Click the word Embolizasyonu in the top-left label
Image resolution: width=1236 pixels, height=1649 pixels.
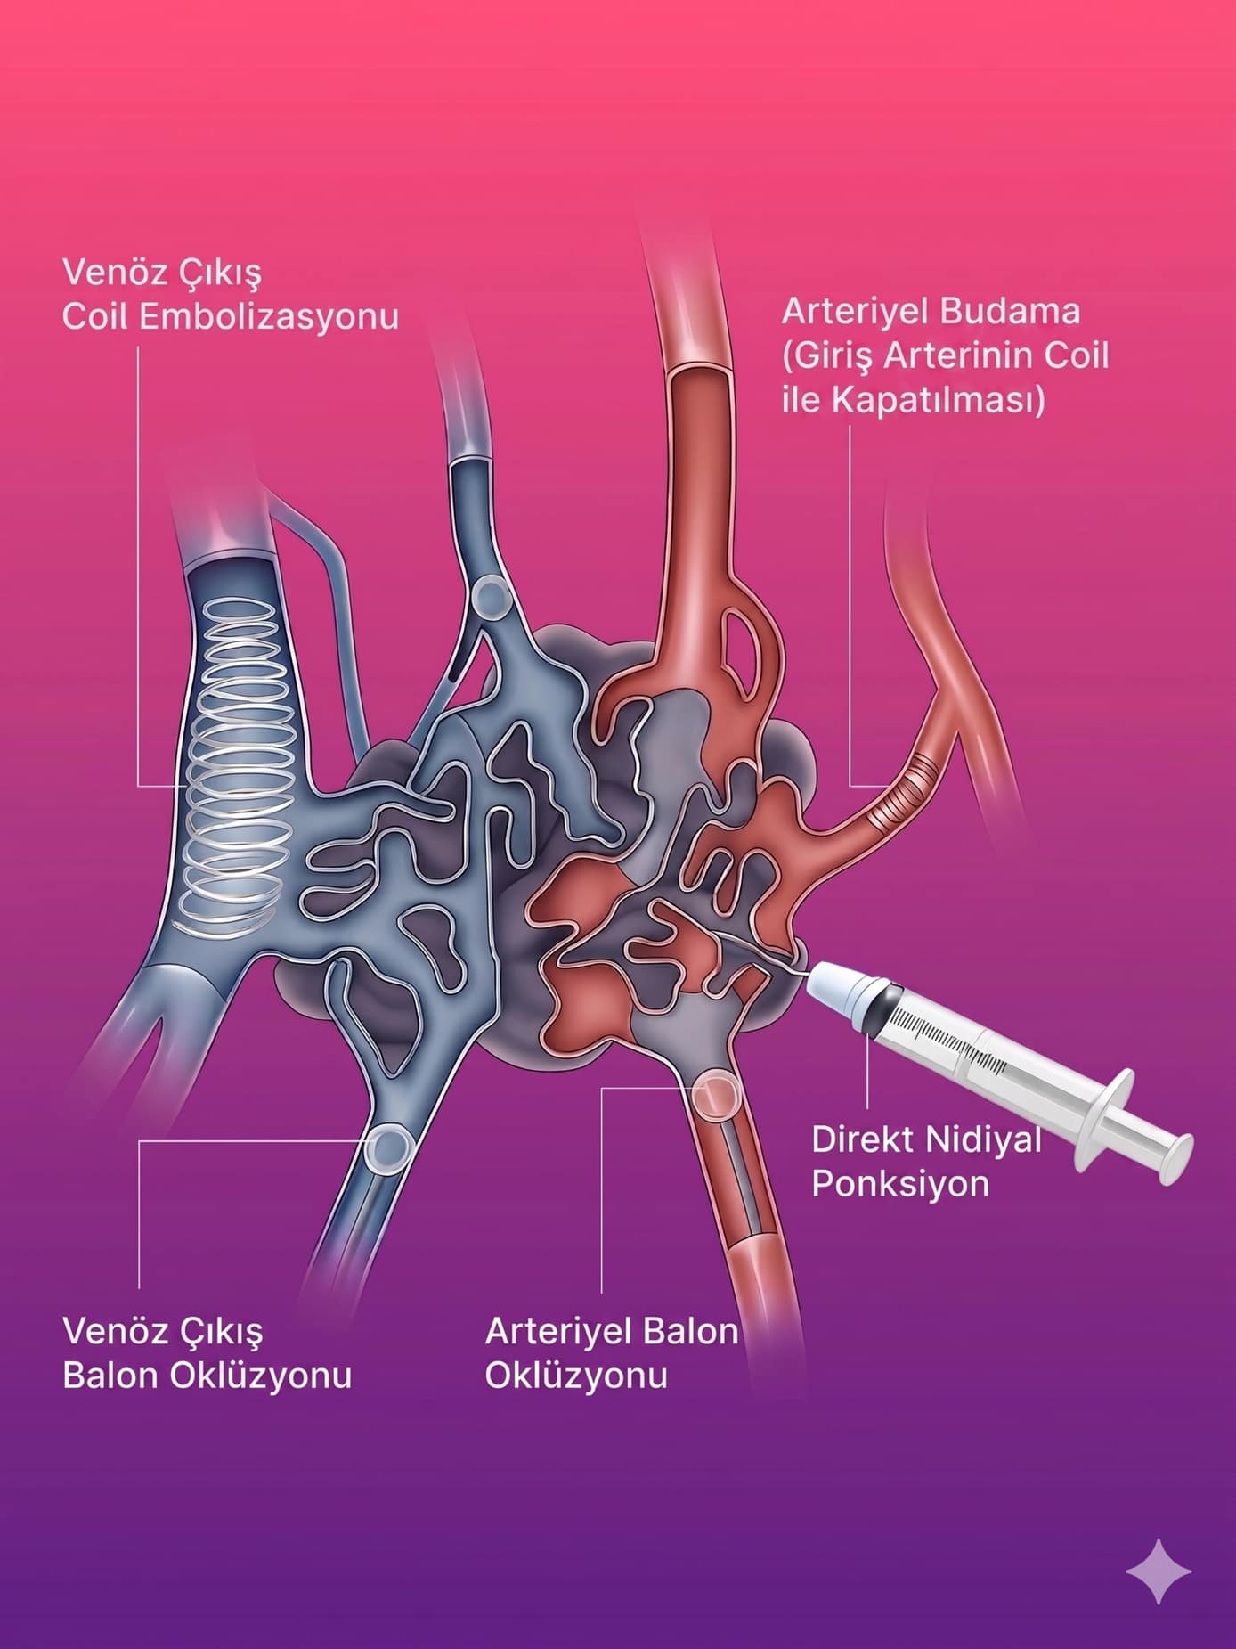[x=269, y=317]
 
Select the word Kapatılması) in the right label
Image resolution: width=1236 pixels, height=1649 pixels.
[x=938, y=400]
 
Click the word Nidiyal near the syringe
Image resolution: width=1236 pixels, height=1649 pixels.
[x=984, y=1139]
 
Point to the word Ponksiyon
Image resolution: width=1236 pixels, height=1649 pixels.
[x=900, y=1184]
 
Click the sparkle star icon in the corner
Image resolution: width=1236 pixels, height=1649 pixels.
[x=1159, y=1571]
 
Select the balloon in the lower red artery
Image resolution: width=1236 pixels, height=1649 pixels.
[x=716, y=1095]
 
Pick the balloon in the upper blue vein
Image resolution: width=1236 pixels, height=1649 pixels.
[x=491, y=597]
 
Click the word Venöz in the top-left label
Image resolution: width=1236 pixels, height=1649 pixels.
[x=114, y=272]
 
